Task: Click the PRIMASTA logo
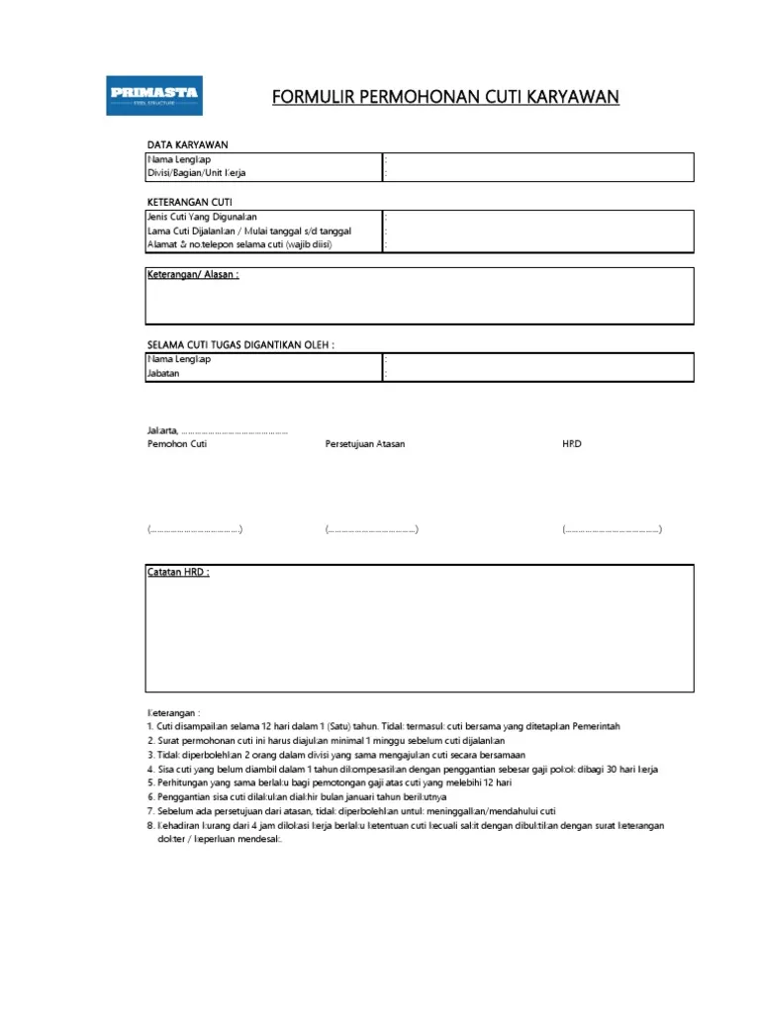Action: coord(154,95)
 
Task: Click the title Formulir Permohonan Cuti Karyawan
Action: coord(445,96)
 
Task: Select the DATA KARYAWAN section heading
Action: coord(188,145)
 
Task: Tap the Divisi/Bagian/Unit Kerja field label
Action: coord(197,173)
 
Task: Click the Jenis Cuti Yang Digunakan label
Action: coord(202,217)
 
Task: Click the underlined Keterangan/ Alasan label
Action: coord(193,274)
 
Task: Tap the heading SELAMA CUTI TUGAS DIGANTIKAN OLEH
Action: coord(240,344)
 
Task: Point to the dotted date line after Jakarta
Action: coord(236,431)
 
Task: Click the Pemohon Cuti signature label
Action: coord(177,444)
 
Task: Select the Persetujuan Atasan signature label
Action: coord(365,444)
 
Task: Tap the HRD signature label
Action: coord(572,444)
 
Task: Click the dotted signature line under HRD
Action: coord(613,530)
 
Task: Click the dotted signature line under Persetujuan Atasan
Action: coord(372,530)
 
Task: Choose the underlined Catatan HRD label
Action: coord(178,573)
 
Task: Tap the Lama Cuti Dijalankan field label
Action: coord(249,230)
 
